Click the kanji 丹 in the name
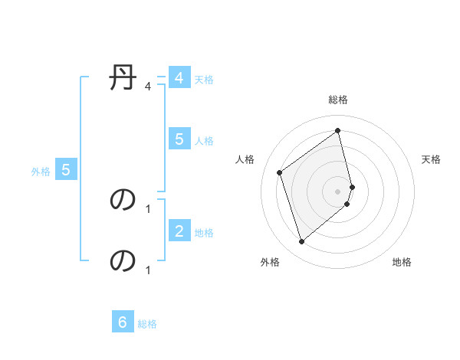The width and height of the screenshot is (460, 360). (x=123, y=78)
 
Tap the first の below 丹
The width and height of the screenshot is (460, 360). (x=123, y=199)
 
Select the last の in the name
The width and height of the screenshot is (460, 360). (x=123, y=260)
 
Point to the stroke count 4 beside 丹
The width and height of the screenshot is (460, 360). (x=148, y=86)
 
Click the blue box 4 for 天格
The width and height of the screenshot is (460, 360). (x=179, y=78)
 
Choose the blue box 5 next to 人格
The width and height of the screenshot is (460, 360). (x=179, y=139)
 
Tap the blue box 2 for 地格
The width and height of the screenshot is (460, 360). (x=179, y=231)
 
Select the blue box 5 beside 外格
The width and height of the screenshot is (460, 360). (x=66, y=170)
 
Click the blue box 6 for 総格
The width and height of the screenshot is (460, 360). (x=123, y=322)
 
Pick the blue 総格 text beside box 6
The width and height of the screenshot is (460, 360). (x=147, y=324)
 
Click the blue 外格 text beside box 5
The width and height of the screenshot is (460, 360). (x=41, y=172)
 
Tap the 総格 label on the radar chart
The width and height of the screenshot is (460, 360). (x=338, y=100)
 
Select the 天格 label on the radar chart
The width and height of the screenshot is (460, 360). (x=431, y=159)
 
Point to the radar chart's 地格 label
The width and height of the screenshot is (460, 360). (x=402, y=262)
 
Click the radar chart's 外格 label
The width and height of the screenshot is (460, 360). (x=270, y=262)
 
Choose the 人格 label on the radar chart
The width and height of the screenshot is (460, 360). (x=245, y=159)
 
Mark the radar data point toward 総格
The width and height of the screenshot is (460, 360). (x=338, y=130)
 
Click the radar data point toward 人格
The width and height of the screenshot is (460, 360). (x=280, y=172)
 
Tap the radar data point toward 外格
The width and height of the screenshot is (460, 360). (x=301, y=242)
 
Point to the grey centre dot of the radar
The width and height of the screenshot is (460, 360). (x=338, y=191)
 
